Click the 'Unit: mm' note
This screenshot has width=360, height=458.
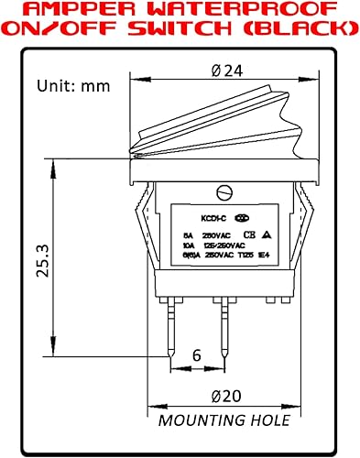[71, 86]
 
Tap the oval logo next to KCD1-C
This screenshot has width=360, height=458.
[242, 219]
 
